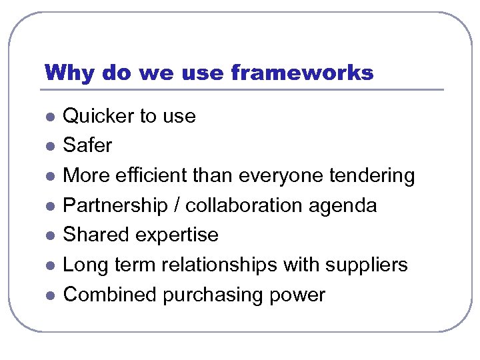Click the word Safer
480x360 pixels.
pyautogui.click(x=87, y=145)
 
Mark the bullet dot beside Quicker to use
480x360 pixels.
pyautogui.click(x=49, y=117)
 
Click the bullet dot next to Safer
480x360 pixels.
pyautogui.click(x=49, y=146)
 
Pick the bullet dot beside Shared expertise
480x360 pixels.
pyautogui.click(x=49, y=236)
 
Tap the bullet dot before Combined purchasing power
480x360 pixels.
pyautogui.click(x=49, y=295)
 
